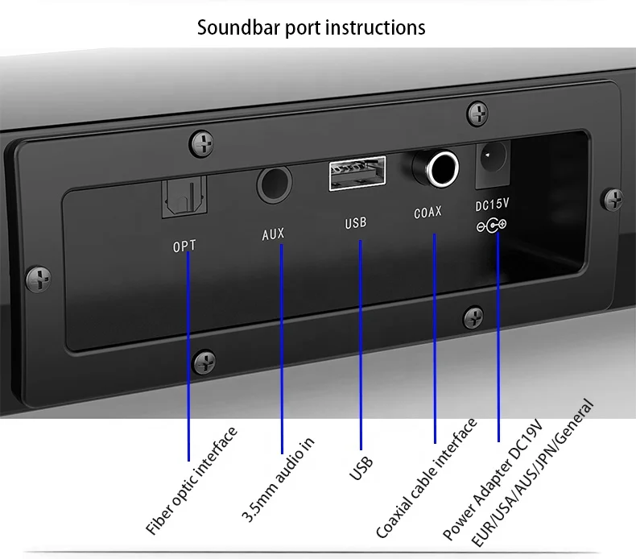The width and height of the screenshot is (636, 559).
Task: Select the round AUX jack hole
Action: [x=274, y=183]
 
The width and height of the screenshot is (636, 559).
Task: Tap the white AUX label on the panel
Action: [x=274, y=235]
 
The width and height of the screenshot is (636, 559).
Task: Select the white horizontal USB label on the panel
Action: [x=355, y=222]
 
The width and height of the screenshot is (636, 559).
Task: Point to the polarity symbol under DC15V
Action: [x=491, y=226]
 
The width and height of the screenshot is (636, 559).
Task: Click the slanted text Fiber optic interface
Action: [x=192, y=482]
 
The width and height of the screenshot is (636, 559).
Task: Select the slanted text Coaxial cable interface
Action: [x=427, y=478]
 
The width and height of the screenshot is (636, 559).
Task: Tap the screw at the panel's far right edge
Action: [x=614, y=197]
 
